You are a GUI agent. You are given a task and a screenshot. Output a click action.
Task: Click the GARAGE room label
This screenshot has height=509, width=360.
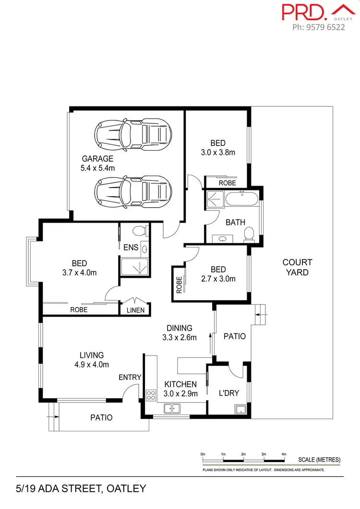(97, 159)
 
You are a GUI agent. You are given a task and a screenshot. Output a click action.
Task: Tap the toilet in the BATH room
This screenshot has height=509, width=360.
(248, 234)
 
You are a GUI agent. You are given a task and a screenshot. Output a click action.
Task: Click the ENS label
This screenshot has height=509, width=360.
(131, 248)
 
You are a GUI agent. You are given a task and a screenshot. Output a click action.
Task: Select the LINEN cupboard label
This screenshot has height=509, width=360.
(135, 310)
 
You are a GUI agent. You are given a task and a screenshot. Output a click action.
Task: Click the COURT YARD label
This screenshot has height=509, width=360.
(297, 267)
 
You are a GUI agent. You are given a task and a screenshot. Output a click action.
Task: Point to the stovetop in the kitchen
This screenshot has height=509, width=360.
(151, 395)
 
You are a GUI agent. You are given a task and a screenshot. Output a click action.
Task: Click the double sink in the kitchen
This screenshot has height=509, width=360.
(171, 408)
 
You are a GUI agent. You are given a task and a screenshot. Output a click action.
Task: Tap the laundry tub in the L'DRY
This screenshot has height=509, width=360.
(240, 409)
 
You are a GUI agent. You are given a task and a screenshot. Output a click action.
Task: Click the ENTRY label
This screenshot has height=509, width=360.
(130, 378)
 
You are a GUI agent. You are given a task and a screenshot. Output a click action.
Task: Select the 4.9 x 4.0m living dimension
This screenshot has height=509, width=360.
(92, 365)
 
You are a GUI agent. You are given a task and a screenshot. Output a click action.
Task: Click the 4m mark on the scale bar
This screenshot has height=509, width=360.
(284, 453)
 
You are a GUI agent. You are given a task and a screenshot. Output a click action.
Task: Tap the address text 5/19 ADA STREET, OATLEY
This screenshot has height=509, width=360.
(73, 489)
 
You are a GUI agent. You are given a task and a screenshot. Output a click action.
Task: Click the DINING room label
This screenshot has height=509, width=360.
(180, 328)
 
